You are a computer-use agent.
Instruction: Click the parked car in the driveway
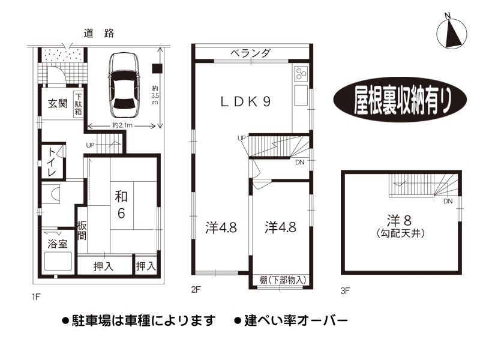(125, 85)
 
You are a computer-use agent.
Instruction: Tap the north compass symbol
(452, 32)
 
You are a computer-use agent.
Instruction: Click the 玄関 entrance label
(58, 103)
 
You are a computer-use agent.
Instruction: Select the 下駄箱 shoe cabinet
(79, 104)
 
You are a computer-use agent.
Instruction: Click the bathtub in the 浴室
(58, 261)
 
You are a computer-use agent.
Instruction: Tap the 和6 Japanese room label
(121, 205)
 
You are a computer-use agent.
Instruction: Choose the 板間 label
(82, 230)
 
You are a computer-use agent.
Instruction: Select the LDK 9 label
(245, 102)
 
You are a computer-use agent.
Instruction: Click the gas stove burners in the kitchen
(301, 74)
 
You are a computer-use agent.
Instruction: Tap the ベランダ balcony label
(250, 53)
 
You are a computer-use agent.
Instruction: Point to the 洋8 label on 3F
(399, 220)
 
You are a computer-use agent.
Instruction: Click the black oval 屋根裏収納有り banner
(400, 100)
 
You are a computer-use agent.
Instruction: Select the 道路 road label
(99, 33)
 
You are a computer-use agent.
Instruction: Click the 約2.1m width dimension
(122, 125)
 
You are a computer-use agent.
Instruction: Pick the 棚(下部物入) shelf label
(283, 280)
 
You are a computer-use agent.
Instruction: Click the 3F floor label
(345, 290)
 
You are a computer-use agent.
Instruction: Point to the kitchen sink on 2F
(301, 95)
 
